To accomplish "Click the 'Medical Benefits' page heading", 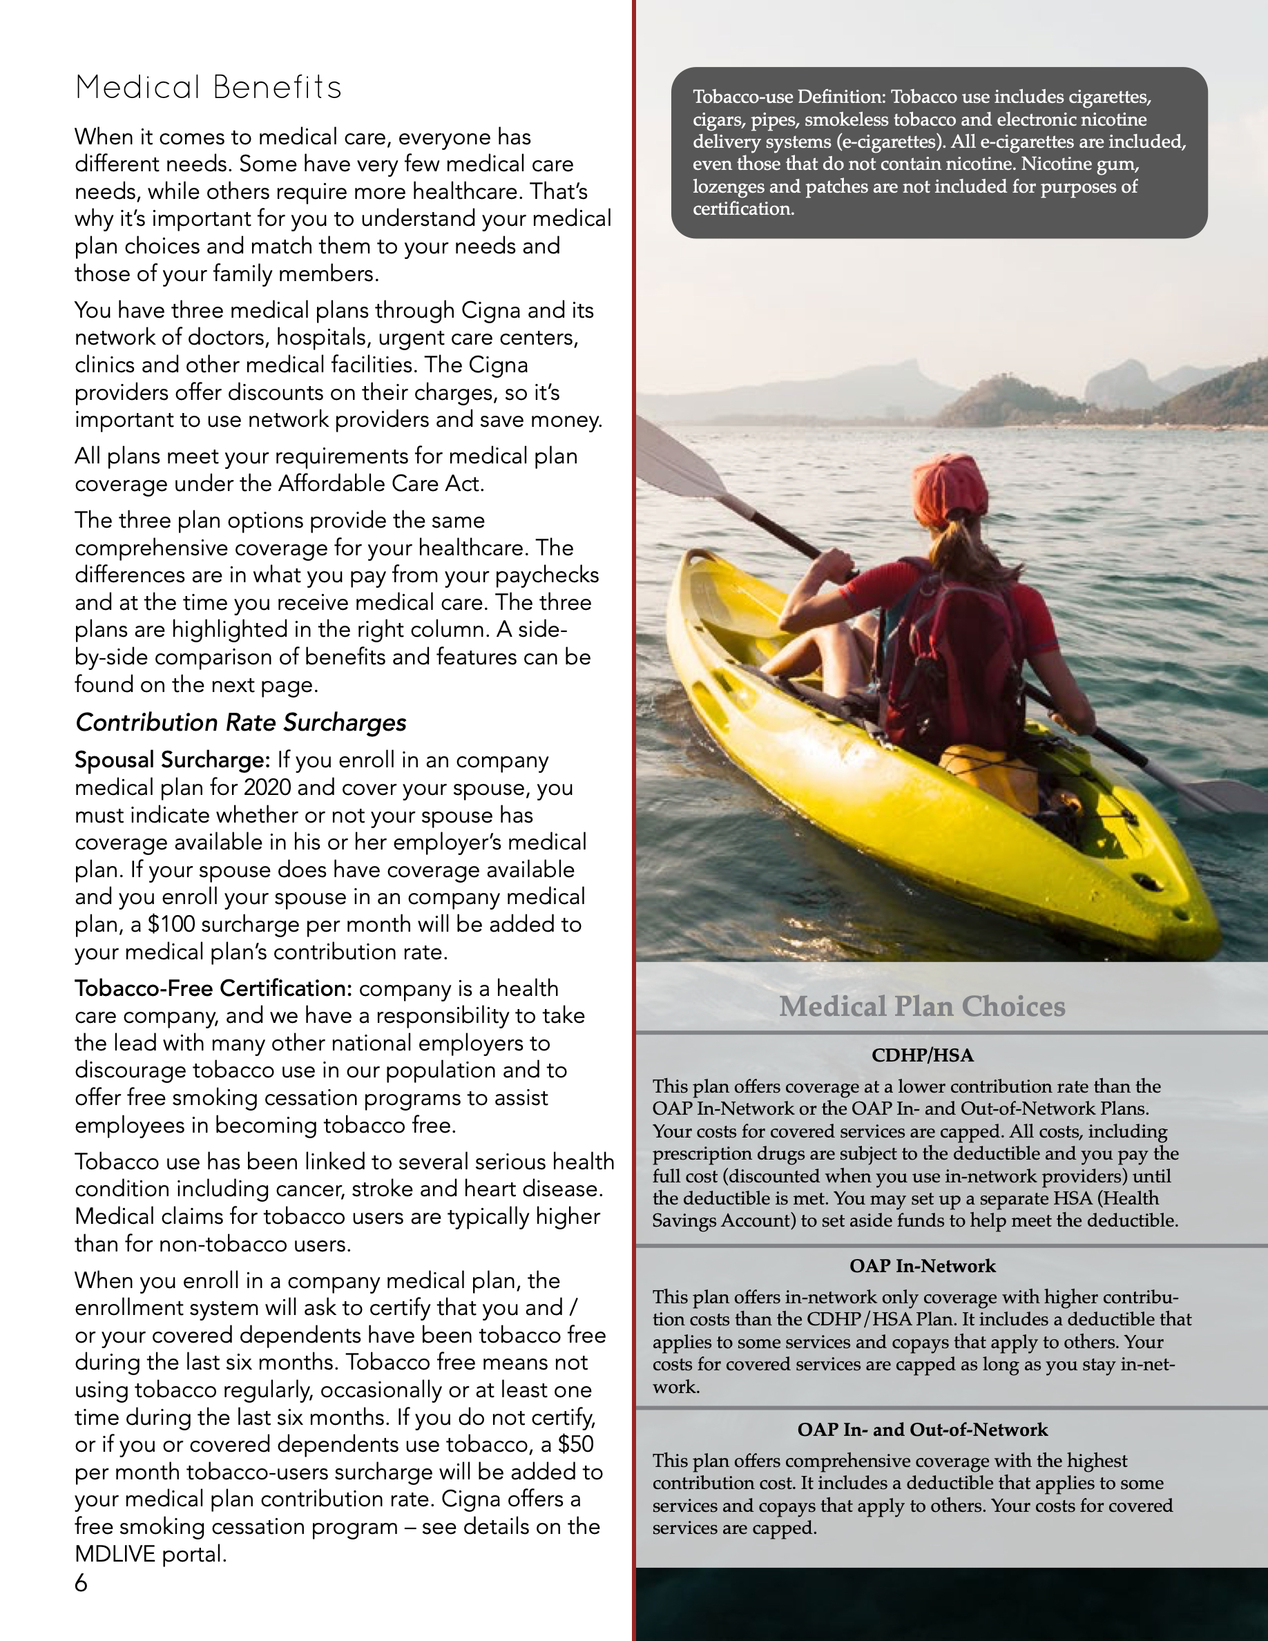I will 208,87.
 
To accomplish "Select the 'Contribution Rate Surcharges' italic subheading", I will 240,723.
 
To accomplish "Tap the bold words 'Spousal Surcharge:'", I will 172,760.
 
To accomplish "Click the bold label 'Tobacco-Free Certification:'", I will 213,989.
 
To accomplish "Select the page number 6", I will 81,1583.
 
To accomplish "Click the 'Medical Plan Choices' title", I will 922,1006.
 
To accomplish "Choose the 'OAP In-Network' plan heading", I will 923,1266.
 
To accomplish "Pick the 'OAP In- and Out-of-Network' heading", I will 923,1429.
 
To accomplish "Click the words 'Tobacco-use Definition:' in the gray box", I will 789,97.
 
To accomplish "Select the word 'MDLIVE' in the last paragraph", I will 113,1554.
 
